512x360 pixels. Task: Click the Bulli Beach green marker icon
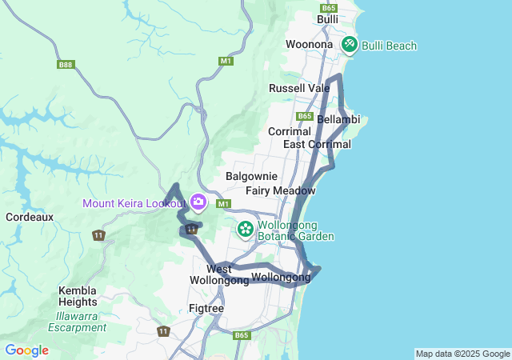pyautogui.click(x=350, y=45)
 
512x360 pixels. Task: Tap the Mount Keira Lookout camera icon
pyautogui.click(x=198, y=202)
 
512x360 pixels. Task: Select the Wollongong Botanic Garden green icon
pyautogui.click(x=246, y=230)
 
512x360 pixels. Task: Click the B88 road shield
pyautogui.click(x=66, y=64)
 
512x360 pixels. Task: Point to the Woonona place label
pyautogui.click(x=309, y=44)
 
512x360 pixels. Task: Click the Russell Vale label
pyautogui.click(x=299, y=87)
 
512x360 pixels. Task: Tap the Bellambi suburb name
pyautogui.click(x=338, y=119)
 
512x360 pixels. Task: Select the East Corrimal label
pyautogui.click(x=317, y=144)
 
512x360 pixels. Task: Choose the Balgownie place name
pyautogui.click(x=251, y=176)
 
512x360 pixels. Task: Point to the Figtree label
pyautogui.click(x=206, y=307)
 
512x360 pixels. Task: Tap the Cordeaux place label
pyautogui.click(x=29, y=217)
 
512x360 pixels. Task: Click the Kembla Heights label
pyautogui.click(x=78, y=296)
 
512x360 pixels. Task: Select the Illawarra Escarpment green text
pyautogui.click(x=77, y=321)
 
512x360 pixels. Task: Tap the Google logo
pyautogui.click(x=26, y=350)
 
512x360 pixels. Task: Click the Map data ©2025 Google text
pyautogui.click(x=462, y=354)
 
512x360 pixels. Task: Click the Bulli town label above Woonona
pyautogui.click(x=327, y=18)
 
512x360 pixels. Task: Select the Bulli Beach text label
pyautogui.click(x=390, y=46)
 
